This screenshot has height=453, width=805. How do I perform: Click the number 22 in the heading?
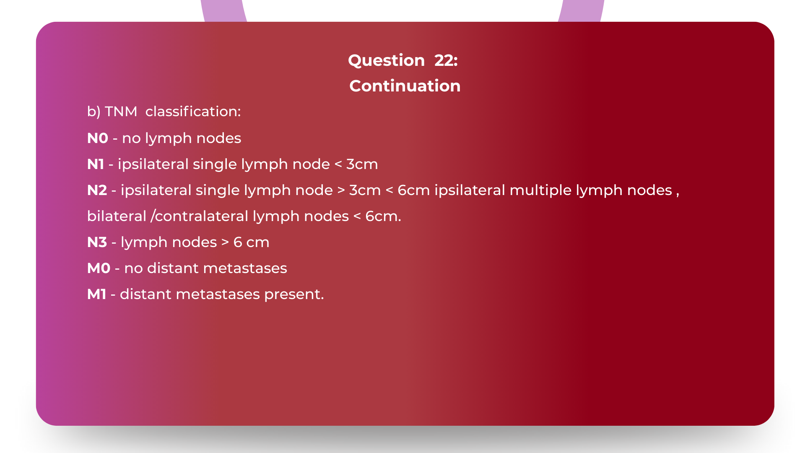click(x=446, y=60)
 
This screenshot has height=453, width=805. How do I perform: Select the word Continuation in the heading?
click(x=405, y=86)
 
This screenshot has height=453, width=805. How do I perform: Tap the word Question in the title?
click(x=386, y=60)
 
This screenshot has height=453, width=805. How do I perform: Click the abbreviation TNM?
click(x=121, y=112)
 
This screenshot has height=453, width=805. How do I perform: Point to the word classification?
click(x=193, y=112)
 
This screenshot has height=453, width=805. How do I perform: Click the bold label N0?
click(x=98, y=138)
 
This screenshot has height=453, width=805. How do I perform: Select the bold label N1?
click(x=96, y=164)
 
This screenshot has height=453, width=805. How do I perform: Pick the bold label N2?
click(x=97, y=190)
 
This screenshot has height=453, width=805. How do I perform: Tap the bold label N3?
click(x=97, y=242)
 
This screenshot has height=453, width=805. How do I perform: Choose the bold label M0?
click(x=99, y=268)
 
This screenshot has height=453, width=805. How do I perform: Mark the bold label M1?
click(x=96, y=294)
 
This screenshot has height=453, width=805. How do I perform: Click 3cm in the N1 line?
click(x=362, y=164)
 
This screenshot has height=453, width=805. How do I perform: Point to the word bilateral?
click(x=117, y=216)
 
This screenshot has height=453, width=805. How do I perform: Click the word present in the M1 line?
click(x=293, y=294)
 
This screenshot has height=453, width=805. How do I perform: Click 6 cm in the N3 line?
click(x=251, y=242)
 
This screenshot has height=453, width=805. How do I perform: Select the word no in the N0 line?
click(x=131, y=138)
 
